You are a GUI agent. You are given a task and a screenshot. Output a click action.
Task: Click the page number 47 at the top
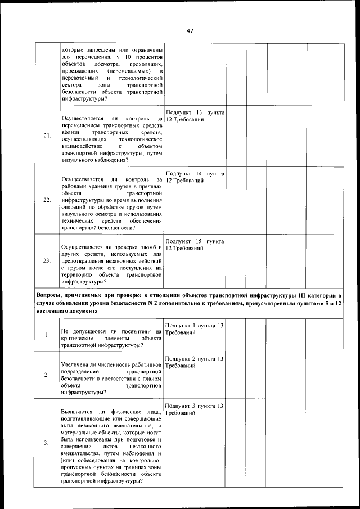(190, 31)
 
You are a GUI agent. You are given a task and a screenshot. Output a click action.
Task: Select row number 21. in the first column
(47, 136)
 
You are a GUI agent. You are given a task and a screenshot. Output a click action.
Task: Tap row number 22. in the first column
(47, 200)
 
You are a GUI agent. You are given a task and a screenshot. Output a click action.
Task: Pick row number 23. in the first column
(47, 260)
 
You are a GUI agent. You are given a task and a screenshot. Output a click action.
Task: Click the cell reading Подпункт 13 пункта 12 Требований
(195, 116)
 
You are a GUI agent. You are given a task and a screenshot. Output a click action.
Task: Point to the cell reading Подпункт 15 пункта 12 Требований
(195, 245)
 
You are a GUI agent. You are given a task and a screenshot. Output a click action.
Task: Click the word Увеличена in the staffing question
(76, 366)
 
